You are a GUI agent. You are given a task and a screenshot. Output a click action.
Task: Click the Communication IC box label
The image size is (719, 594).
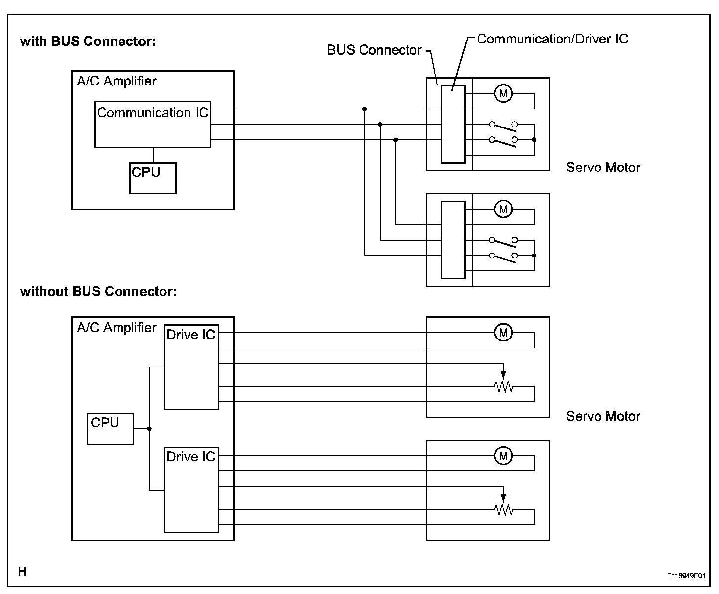(153, 113)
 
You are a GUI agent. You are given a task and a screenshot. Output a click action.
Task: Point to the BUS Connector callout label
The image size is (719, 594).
(374, 50)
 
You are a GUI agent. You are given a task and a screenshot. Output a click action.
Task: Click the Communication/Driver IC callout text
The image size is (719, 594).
(552, 39)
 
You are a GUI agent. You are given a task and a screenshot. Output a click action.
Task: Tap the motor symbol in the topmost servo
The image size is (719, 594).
(503, 93)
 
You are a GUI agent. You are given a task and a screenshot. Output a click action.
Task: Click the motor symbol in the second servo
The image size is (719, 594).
(503, 209)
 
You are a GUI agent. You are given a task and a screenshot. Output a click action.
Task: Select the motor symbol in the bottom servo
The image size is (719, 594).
(503, 456)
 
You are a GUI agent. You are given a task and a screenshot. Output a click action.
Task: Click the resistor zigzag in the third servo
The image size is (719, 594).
(503, 386)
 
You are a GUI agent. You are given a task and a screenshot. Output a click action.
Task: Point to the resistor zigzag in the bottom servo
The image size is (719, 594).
(503, 509)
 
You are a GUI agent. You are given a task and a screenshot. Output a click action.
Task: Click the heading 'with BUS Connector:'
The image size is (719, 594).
(87, 42)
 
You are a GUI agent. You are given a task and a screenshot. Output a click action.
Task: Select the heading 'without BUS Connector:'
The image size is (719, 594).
(98, 292)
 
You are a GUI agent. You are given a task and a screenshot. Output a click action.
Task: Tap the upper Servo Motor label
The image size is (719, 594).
(603, 168)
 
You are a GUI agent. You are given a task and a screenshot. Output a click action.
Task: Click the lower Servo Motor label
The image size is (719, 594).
(603, 416)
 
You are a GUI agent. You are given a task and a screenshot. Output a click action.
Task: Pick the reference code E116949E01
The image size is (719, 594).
(686, 576)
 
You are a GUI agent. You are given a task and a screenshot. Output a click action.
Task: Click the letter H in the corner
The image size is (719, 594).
(22, 572)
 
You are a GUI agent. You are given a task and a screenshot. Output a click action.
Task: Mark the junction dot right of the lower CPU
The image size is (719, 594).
(149, 429)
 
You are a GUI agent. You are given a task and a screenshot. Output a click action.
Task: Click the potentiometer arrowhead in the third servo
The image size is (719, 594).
(503, 375)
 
